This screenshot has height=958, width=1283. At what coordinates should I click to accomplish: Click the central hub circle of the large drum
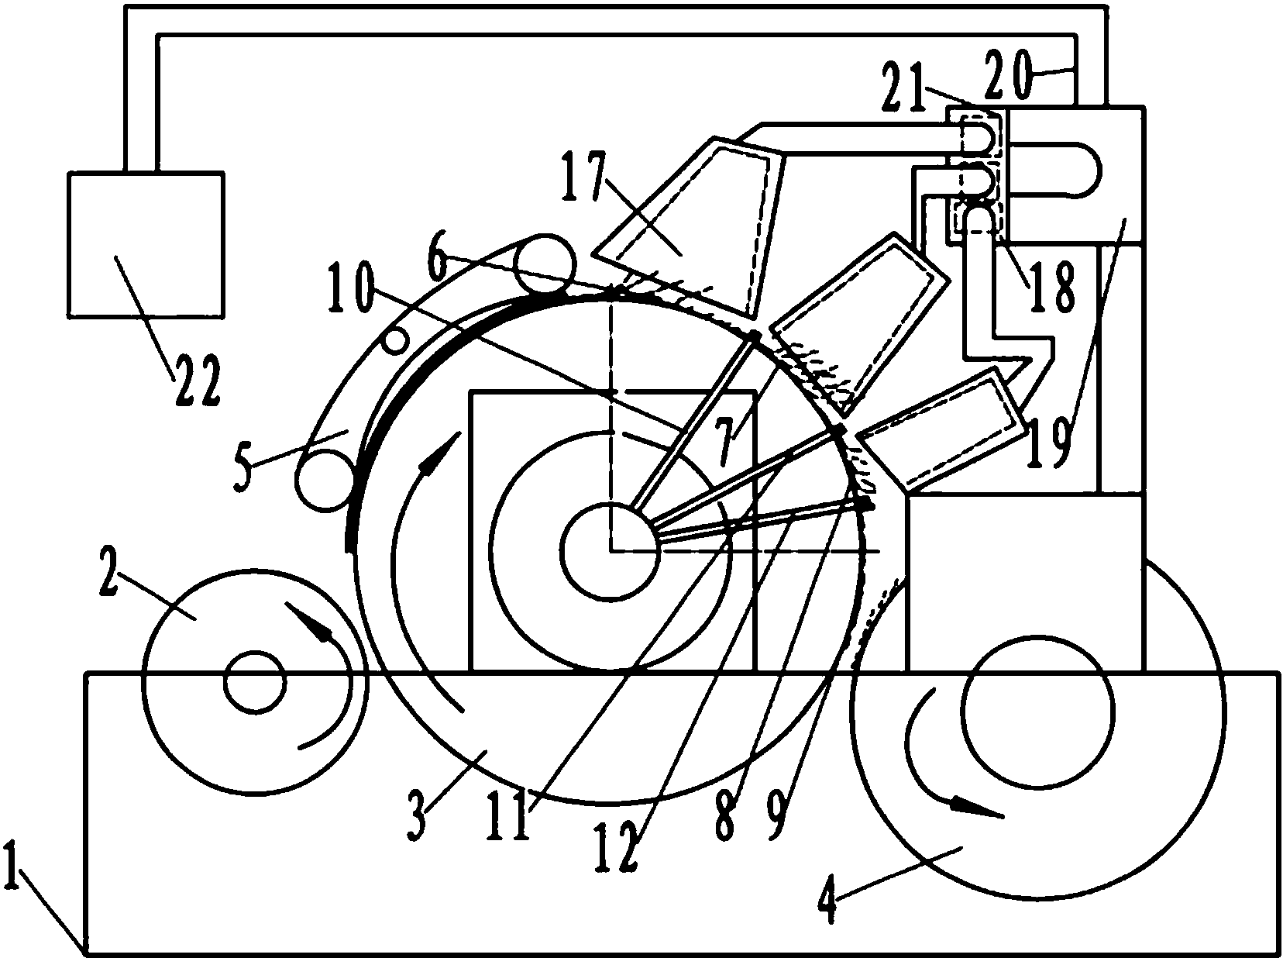611,550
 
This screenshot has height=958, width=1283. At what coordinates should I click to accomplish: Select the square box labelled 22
146,244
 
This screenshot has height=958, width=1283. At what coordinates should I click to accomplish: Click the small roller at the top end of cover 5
545,264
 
